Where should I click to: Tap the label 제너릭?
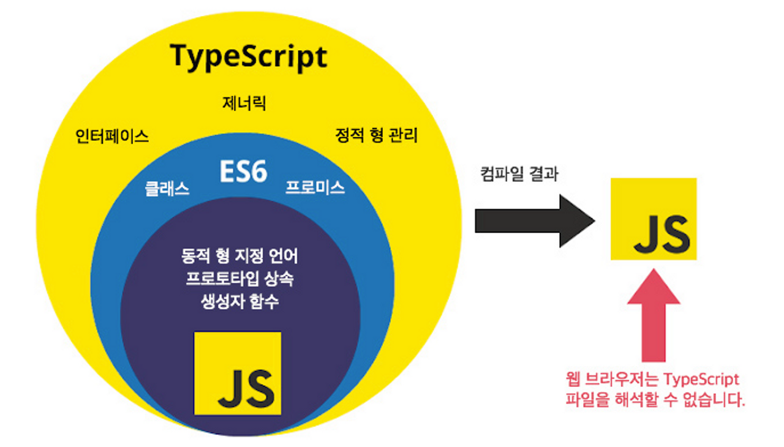pos(244,103)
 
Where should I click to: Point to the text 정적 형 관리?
pos(377,135)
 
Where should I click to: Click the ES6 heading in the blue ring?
pos(244,173)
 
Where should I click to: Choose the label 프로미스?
pos(315,188)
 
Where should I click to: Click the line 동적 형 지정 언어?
pos(239,255)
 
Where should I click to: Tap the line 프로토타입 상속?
pos(239,279)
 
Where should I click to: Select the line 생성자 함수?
pos(239,302)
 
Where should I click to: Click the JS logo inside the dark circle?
pos(238,374)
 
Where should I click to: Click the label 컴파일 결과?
pos(518,174)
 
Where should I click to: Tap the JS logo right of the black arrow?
pos(654,219)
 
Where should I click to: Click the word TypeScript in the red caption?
pos(701,378)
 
